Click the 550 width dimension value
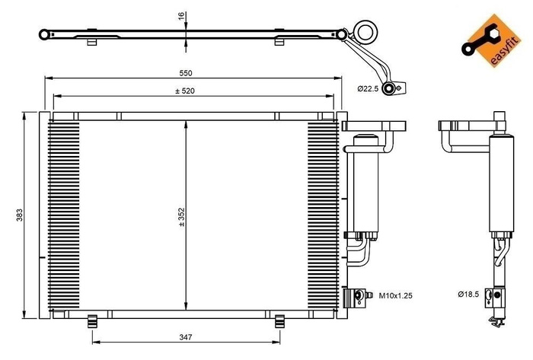point(185,73)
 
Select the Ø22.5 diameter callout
point(369,89)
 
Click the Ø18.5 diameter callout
point(468,294)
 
